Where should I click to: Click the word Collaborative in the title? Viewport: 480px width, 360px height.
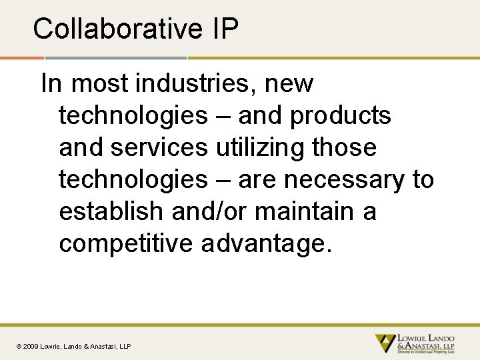[x=117, y=29]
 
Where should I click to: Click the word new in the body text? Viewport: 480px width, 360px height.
[x=289, y=84]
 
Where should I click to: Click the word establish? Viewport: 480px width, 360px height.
[x=112, y=211]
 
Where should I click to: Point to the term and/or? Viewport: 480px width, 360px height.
[x=210, y=211]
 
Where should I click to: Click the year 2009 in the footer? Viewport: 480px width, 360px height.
[x=31, y=346]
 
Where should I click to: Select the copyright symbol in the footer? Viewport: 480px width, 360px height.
[x=19, y=346]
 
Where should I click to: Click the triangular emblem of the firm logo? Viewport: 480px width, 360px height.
[x=385, y=343]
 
